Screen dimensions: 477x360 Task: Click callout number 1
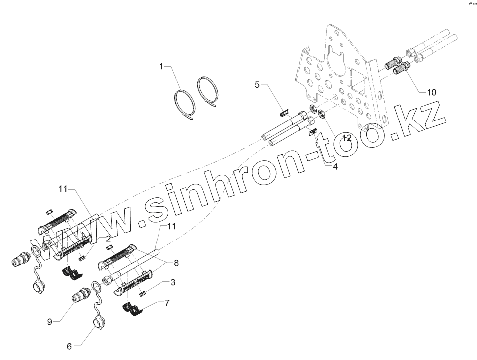(161, 67)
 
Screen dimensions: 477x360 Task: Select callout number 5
(257, 85)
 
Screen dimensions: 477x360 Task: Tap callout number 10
(431, 92)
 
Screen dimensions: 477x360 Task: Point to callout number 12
(346, 137)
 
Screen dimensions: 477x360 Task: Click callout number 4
(335, 167)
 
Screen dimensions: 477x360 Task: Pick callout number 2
(108, 239)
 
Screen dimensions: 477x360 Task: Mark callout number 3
(172, 283)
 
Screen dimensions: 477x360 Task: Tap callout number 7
(167, 302)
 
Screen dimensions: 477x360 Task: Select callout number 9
(50, 321)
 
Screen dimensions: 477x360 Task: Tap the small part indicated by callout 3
(142, 294)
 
